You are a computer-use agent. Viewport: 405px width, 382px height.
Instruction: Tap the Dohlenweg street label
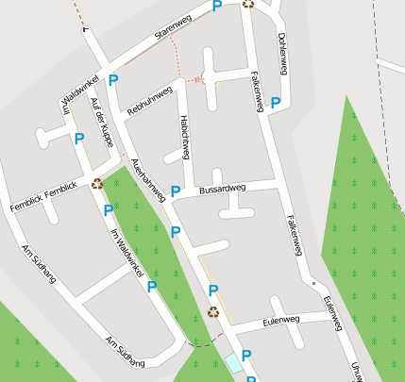pos(282,52)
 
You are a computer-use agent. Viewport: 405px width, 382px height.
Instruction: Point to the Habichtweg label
pos(185,138)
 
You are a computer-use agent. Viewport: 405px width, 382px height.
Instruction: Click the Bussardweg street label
pos(223,189)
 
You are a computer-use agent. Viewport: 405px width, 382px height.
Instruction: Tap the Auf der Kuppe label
pos(102,122)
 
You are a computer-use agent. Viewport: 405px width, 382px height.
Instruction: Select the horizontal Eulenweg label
pos(280,321)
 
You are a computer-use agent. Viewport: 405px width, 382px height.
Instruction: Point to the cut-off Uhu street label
pos(357,372)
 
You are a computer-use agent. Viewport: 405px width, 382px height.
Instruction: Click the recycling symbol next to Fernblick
pos(97,184)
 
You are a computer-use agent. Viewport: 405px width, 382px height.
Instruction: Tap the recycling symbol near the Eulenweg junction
pos(213,311)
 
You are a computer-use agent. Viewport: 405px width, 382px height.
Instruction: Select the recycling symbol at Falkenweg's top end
pos(247,3)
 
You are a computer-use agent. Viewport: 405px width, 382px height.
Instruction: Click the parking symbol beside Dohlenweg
pos(276,103)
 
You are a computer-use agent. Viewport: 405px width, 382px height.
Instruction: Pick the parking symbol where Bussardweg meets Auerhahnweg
pos(175,191)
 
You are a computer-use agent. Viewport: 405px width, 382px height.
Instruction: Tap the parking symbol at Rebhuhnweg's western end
pos(113,81)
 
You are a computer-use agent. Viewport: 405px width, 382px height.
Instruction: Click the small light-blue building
pos(232,363)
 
